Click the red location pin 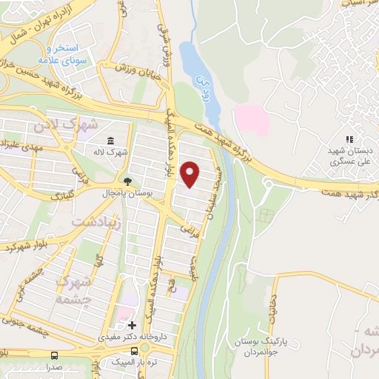pyautogui.click(x=191, y=173)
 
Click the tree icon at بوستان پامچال pyautogui.click(x=127, y=181)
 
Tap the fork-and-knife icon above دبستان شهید pyautogui.click(x=350, y=138)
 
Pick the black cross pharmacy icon pyautogui.click(x=132, y=325)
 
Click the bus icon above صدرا pyautogui.click(x=54, y=355)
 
